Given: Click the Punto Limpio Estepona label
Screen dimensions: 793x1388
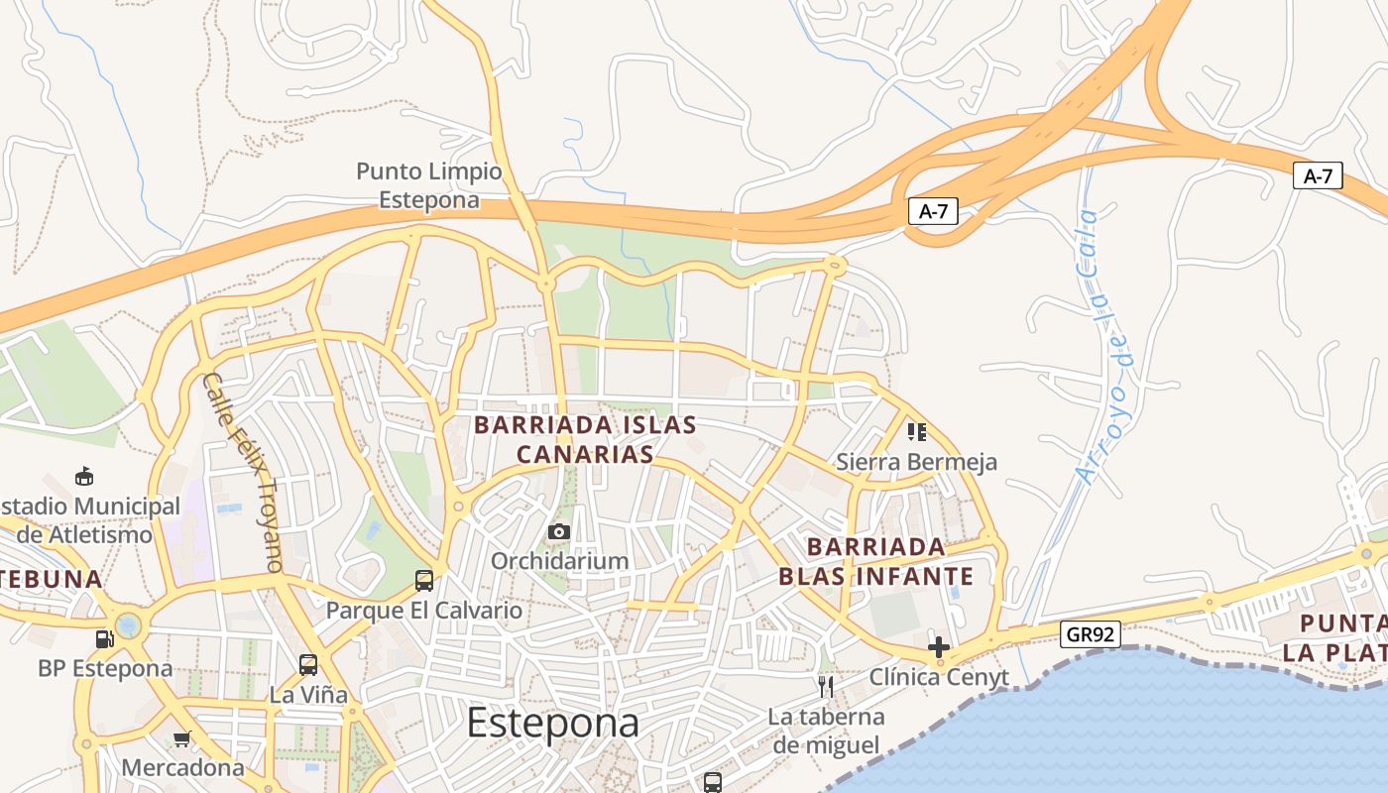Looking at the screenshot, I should tap(428, 185).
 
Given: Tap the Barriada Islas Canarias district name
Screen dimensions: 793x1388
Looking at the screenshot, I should tap(585, 439).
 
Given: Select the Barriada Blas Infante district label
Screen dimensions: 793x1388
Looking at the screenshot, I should tap(875, 561).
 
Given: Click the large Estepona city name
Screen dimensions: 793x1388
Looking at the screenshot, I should tap(552, 723).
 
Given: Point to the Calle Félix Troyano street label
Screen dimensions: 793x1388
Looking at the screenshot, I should tap(244, 472).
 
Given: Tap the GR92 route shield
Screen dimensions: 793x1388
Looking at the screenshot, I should tap(1091, 634).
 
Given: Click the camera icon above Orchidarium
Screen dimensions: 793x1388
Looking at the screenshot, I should tap(559, 532).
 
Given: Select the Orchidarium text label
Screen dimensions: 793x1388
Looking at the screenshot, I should tap(560, 561).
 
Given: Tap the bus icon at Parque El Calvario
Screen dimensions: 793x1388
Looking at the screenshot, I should tap(424, 581).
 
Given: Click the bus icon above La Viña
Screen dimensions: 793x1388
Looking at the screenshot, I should tap(308, 665).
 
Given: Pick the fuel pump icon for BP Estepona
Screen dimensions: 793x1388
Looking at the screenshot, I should tap(104, 639).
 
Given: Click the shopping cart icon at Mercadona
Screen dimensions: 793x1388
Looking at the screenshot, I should tap(181, 738).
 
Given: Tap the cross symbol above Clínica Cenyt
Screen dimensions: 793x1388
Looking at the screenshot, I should tap(938, 648).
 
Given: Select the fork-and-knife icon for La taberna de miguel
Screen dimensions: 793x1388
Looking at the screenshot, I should tap(825, 686).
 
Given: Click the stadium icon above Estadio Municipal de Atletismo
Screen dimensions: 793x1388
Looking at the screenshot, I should tap(84, 477).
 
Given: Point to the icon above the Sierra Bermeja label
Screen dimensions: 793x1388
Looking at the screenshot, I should tap(916, 432).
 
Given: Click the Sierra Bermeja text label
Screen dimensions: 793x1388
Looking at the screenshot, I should tap(916, 462).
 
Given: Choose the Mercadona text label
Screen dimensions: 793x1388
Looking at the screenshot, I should tap(182, 767).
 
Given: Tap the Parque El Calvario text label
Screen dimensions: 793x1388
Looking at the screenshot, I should tap(424, 610).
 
